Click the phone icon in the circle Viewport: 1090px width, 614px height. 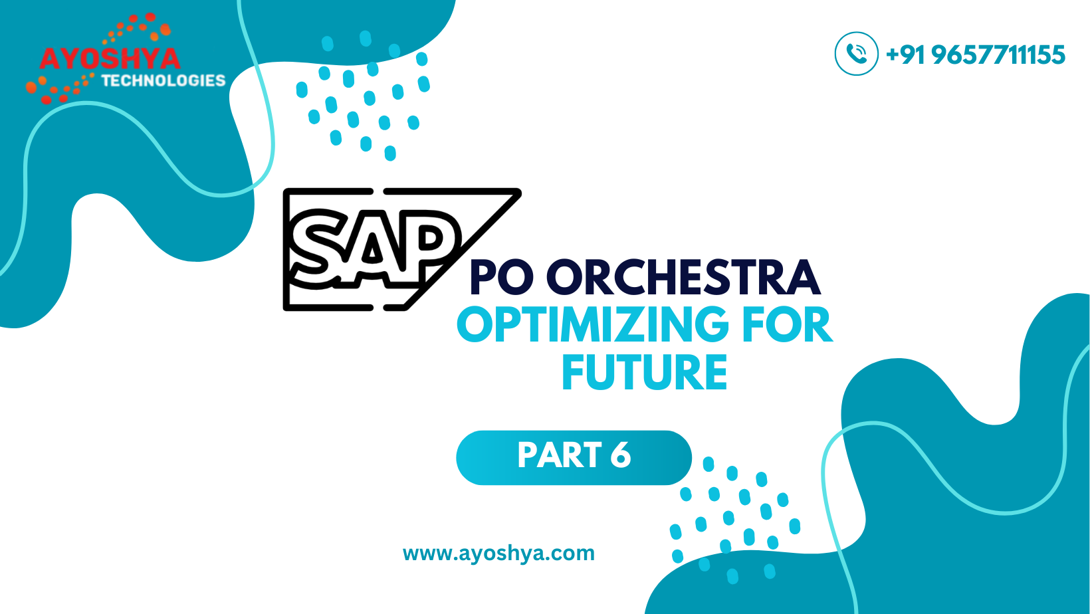tap(857, 54)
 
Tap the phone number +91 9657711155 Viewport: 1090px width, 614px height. tap(976, 54)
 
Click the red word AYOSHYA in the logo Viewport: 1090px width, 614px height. tap(110, 58)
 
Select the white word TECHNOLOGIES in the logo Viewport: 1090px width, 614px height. tap(163, 80)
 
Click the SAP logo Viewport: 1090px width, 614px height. tap(402, 249)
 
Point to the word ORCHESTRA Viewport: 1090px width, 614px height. tap(684, 277)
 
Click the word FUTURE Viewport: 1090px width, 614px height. tap(645, 372)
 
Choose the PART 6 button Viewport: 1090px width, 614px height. tap(574, 457)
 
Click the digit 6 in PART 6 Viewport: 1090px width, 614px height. tap(620, 455)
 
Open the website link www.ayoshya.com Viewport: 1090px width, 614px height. tap(498, 554)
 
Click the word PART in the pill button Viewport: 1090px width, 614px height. tap(559, 455)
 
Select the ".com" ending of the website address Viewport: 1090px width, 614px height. tap(571, 554)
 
